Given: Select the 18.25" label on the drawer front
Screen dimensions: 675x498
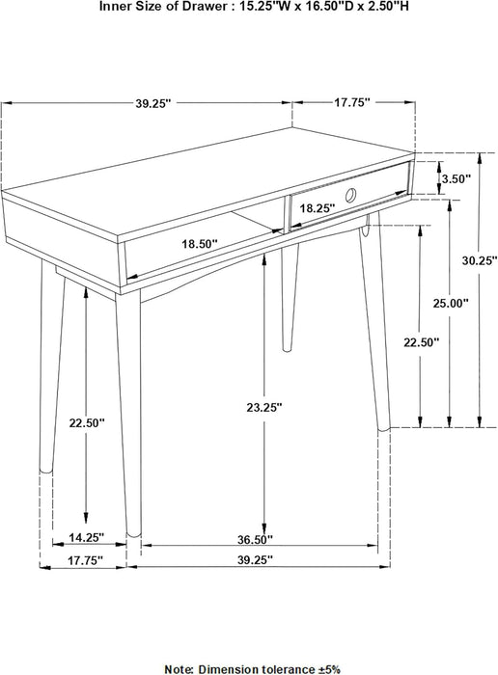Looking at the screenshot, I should [318, 207].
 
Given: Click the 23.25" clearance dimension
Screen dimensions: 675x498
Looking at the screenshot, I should [263, 408].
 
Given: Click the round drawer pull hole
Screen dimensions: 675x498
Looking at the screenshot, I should [350, 196].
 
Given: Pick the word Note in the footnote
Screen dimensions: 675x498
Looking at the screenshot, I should [180, 666].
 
